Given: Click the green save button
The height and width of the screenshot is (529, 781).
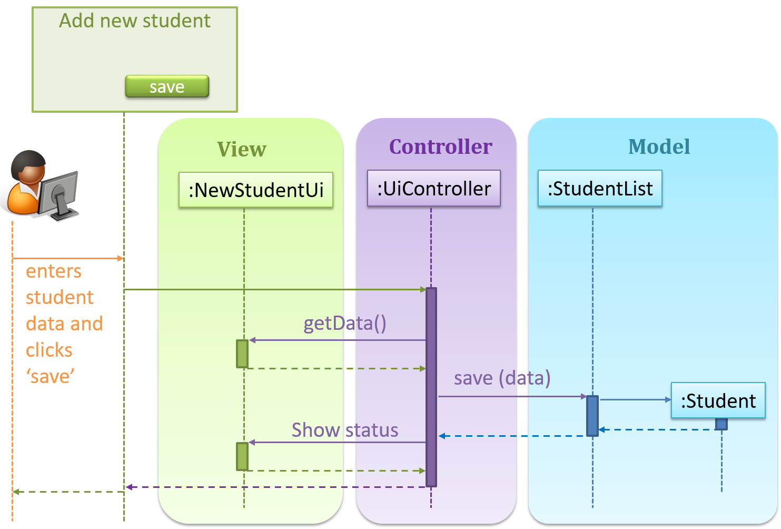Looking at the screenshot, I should (x=167, y=86).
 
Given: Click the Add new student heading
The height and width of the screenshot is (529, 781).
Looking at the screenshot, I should (x=134, y=21).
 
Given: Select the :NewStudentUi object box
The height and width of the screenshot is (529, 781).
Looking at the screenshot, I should (x=256, y=190).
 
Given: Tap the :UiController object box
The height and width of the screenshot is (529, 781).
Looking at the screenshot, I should (x=433, y=188).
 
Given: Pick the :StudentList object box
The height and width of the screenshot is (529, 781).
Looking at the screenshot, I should (x=600, y=188).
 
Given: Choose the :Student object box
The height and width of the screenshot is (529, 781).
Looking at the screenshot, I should (x=718, y=400).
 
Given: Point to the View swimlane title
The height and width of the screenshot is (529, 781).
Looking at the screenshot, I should (x=242, y=149).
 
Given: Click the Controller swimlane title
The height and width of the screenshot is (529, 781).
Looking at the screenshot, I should (x=440, y=146).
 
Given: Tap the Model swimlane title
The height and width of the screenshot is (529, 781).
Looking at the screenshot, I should (x=659, y=146).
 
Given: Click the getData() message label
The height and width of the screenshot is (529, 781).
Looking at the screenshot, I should (x=345, y=323).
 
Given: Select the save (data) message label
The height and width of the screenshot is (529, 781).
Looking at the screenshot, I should (x=502, y=378).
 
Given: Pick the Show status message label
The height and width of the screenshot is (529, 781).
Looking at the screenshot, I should (x=345, y=430).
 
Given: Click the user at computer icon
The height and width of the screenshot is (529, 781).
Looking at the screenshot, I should (x=41, y=184).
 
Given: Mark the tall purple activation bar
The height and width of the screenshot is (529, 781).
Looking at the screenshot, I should (x=431, y=387).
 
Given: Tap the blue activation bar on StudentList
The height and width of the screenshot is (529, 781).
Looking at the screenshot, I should (x=592, y=416).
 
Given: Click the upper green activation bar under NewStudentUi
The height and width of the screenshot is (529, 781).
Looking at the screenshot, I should (x=242, y=354).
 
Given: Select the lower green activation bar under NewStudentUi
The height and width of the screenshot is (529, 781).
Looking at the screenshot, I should (x=242, y=456).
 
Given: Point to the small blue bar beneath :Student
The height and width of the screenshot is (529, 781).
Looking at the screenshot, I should (x=721, y=424).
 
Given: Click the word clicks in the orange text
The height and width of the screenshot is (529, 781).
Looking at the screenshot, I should (x=49, y=350).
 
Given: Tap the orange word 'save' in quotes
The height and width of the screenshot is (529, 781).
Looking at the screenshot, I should (x=50, y=376).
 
